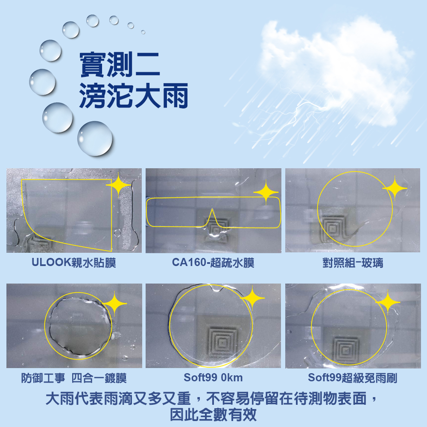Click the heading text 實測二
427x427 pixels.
120,64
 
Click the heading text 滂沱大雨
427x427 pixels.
133,96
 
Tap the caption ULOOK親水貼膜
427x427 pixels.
74,263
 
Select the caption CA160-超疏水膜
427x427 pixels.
213,263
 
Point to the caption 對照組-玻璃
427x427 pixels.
353,263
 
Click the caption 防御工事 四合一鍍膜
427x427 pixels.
74,378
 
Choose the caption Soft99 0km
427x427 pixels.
213,378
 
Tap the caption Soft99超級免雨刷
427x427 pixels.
353,378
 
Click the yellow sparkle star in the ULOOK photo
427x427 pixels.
118,185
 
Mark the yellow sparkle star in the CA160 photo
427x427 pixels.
266,192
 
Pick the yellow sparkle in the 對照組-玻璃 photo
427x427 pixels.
395,188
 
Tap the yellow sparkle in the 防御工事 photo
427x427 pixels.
114,303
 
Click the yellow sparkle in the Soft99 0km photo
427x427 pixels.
252,298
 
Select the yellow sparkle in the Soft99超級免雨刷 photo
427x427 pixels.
388,302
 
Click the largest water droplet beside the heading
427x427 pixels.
95,139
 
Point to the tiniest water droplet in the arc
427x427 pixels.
143,32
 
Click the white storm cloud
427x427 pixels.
335,68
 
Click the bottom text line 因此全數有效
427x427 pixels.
213,415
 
